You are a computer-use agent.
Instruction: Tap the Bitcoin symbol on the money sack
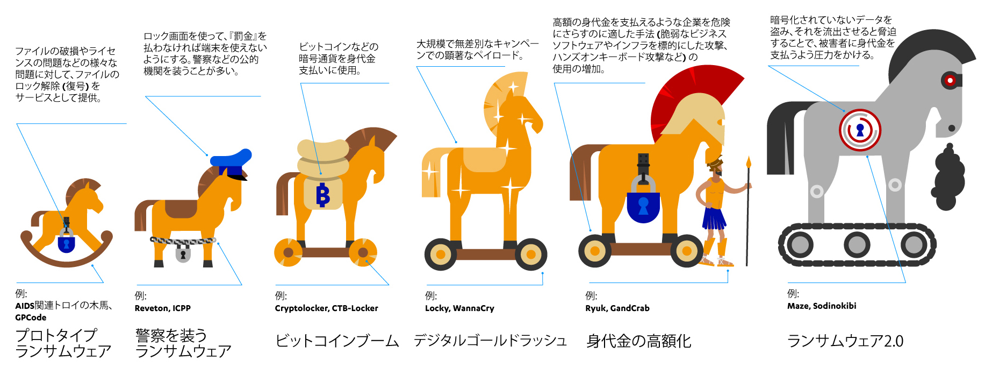tap(322, 195)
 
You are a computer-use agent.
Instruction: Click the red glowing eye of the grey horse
tap(950, 81)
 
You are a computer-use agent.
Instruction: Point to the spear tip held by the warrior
tap(748, 163)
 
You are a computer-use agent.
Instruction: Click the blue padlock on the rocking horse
tap(66, 243)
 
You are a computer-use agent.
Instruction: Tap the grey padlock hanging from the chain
tap(183, 252)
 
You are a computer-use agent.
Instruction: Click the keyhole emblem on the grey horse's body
tap(860, 130)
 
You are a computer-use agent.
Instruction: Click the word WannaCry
tap(473, 308)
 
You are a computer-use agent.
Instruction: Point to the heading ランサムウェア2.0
tap(845, 341)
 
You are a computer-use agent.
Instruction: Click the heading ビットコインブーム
tap(337, 341)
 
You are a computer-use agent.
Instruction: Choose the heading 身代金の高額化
tap(638, 341)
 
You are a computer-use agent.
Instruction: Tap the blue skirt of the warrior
tap(714, 218)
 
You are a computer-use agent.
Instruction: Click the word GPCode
tap(31, 317)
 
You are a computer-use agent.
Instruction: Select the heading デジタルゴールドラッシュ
tap(490, 341)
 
